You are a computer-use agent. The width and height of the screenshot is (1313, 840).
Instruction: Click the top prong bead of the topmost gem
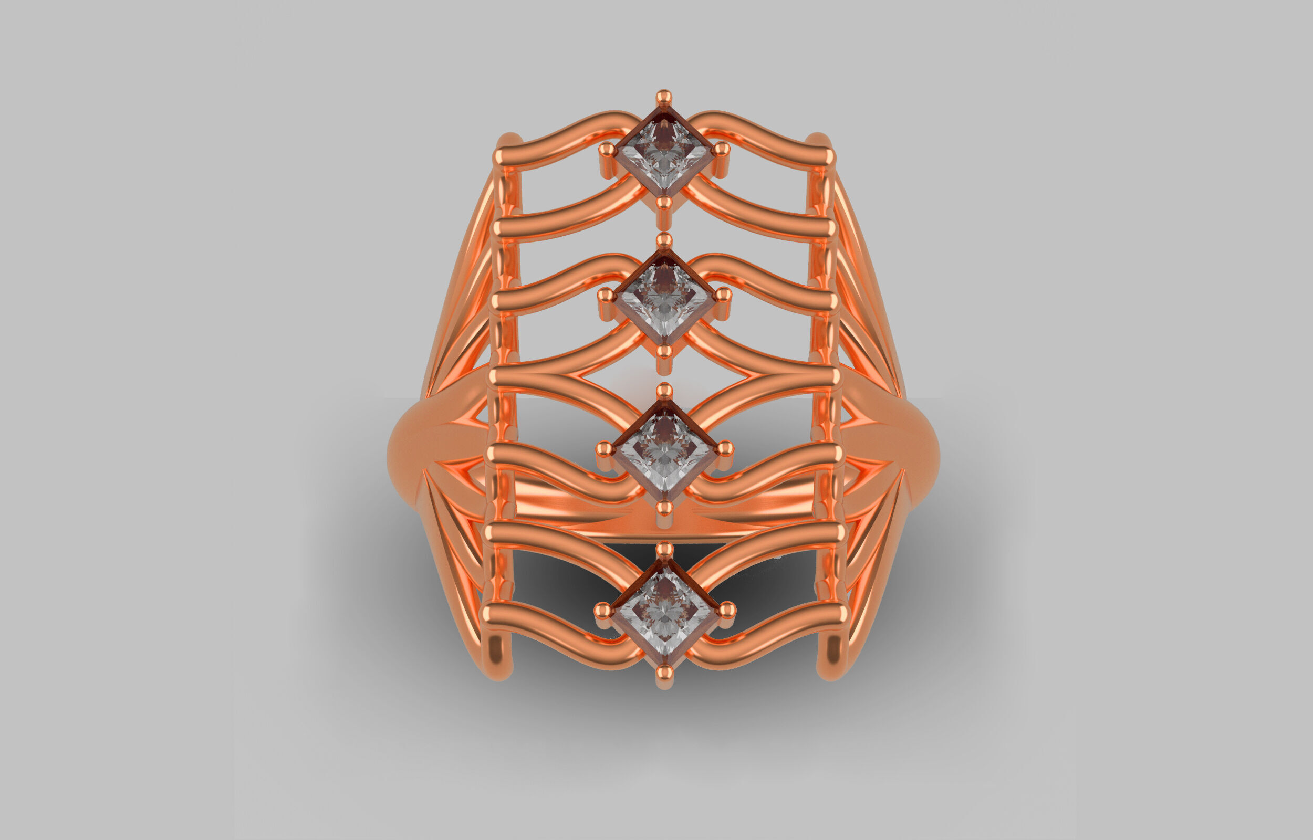click(x=663, y=97)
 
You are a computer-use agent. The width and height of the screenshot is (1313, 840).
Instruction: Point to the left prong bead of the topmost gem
click(x=607, y=149)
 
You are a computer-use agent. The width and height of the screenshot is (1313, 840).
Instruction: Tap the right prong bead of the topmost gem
click(x=722, y=149)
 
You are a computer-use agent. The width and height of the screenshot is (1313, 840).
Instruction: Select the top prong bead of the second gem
click(x=664, y=239)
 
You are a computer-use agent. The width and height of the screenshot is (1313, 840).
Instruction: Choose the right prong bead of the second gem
click(x=723, y=295)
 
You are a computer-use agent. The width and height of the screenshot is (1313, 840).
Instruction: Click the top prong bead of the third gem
click(x=664, y=391)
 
